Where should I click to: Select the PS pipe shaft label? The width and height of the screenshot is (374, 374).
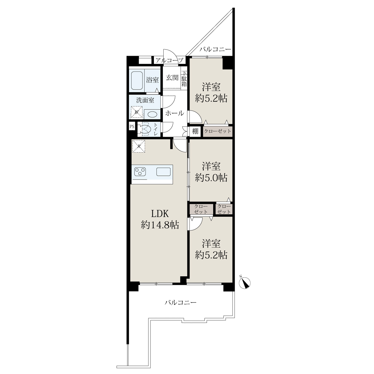pyautogui.click(x=132, y=127)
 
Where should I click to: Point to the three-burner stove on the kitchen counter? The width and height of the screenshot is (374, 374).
pyautogui.click(x=140, y=172)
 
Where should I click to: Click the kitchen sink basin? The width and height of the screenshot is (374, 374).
pyautogui.click(x=163, y=172)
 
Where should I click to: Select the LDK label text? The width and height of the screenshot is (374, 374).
pyautogui.click(x=160, y=214)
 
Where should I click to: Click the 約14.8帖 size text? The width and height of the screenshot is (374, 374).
pyautogui.click(x=160, y=225)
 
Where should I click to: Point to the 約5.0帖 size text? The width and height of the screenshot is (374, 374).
pyautogui.click(x=211, y=177)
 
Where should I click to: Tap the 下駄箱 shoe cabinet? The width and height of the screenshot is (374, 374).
pyautogui.click(x=184, y=79)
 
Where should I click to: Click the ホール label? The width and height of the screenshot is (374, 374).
pyautogui.click(x=175, y=113)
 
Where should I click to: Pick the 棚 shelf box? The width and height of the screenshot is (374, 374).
pyautogui.click(x=195, y=132)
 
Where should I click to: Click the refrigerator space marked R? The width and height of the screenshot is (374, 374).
pyautogui.click(x=139, y=146)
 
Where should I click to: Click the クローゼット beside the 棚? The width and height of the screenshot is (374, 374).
pyautogui.click(x=218, y=132)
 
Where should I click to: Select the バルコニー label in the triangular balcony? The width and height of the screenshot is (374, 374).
pyautogui.click(x=215, y=49)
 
